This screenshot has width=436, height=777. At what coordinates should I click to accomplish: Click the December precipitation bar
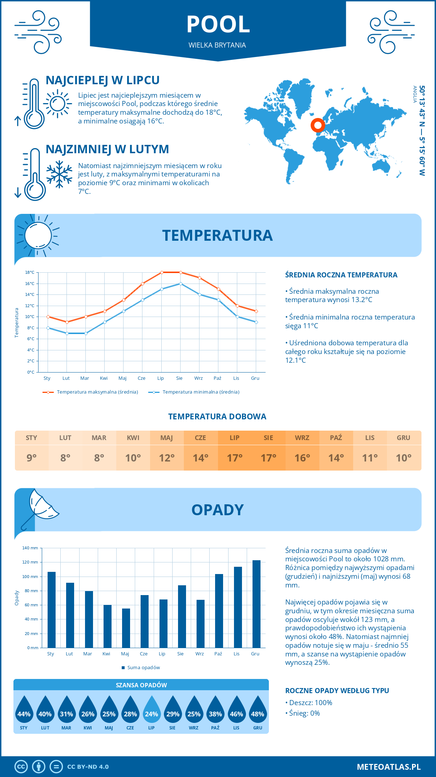[257, 604]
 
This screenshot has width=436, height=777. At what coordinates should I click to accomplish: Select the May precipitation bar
[126, 628]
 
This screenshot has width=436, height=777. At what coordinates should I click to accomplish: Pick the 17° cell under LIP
[235, 458]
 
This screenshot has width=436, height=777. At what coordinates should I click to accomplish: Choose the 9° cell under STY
[32, 458]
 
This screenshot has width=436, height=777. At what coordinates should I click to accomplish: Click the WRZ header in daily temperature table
[302, 438]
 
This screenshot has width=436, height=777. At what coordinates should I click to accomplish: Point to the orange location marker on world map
[318, 125]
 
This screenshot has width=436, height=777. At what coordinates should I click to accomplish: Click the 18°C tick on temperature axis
[30, 272]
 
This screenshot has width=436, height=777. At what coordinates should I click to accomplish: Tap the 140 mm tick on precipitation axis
[31, 548]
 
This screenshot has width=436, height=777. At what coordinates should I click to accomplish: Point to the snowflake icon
[59, 174]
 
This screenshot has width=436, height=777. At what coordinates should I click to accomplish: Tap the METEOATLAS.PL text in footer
[389, 767]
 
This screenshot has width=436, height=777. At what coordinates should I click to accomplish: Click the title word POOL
[218, 25]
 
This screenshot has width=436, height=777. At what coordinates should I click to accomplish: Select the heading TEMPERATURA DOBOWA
[217, 417]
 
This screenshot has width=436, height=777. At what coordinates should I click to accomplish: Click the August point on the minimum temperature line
[181, 284]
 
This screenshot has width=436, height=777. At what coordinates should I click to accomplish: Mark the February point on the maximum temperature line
[67, 322]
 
